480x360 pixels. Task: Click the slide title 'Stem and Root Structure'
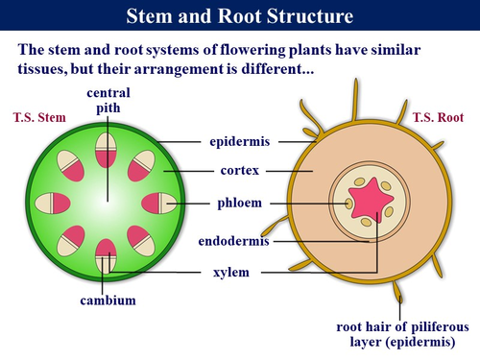point(239,16)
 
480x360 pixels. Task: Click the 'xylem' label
point(231,273)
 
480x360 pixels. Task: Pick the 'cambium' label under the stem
point(108,300)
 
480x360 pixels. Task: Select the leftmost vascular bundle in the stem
point(50,203)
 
